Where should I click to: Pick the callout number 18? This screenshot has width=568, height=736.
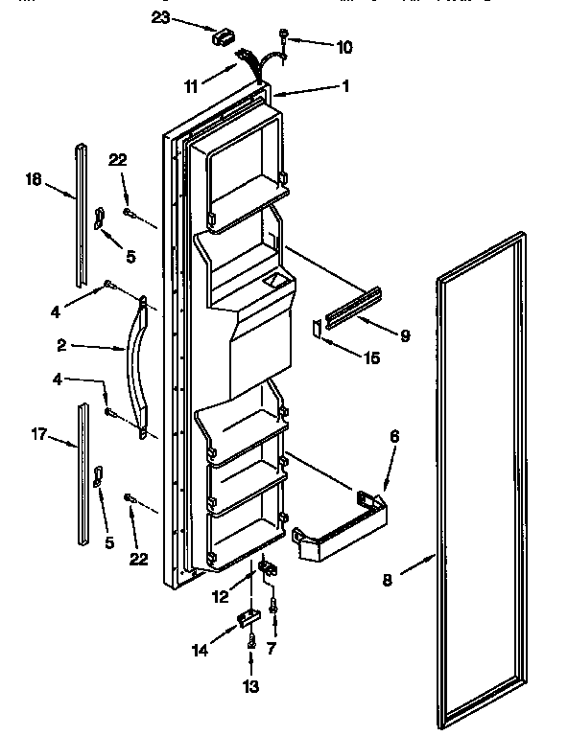click(34, 178)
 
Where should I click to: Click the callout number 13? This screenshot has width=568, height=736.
click(251, 685)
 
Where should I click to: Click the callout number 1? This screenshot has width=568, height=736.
click(345, 85)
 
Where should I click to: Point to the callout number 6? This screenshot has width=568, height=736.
click(394, 437)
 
